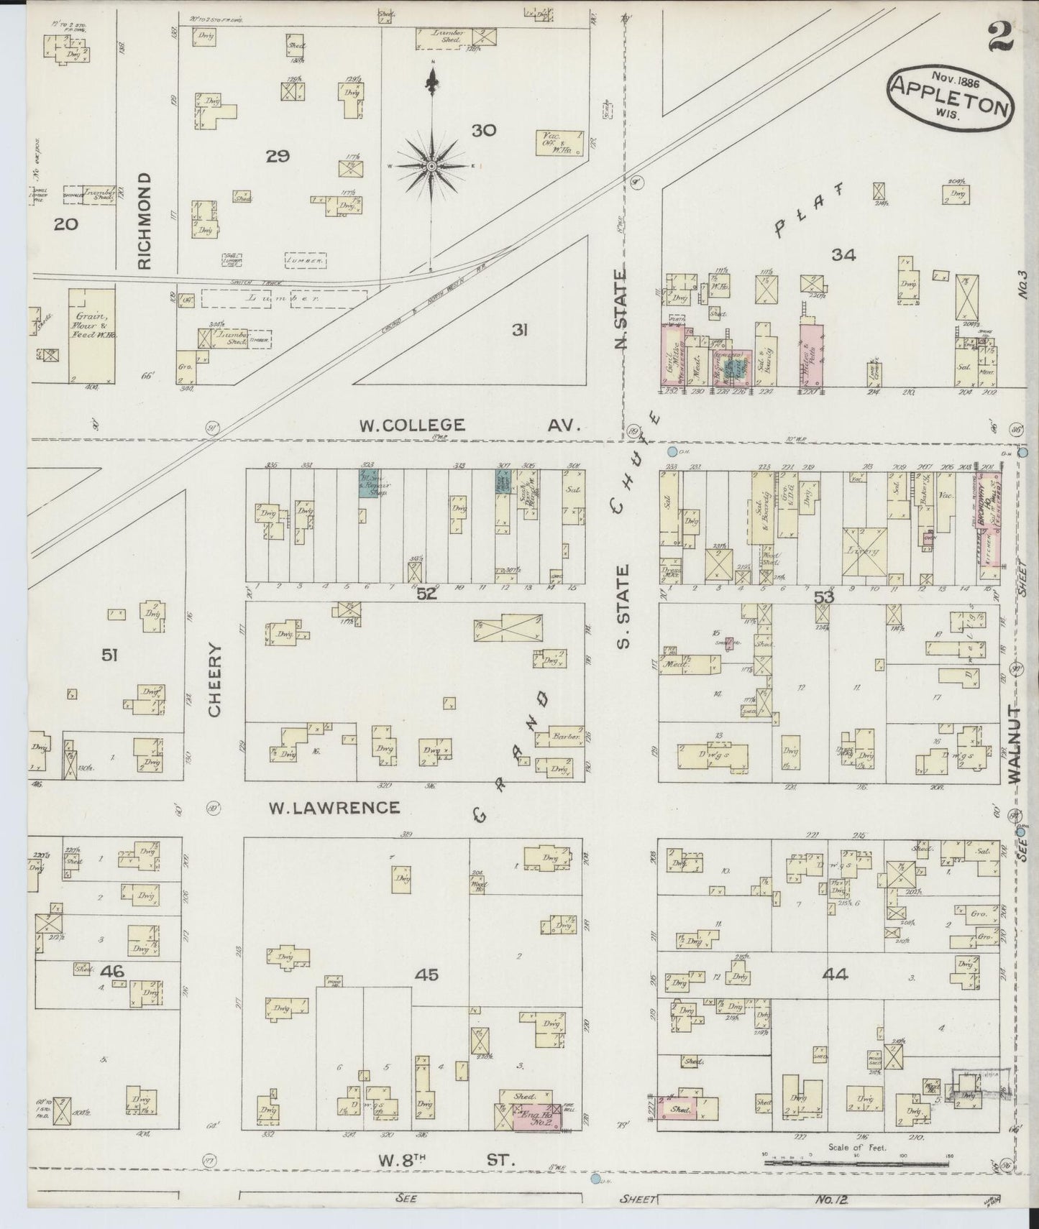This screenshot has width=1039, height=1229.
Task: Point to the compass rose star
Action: click(x=431, y=166)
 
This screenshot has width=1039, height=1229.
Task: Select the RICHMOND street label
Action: click(x=145, y=220)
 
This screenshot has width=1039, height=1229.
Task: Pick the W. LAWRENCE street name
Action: click(x=334, y=807)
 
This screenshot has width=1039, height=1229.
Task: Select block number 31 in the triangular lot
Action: click(x=520, y=330)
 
